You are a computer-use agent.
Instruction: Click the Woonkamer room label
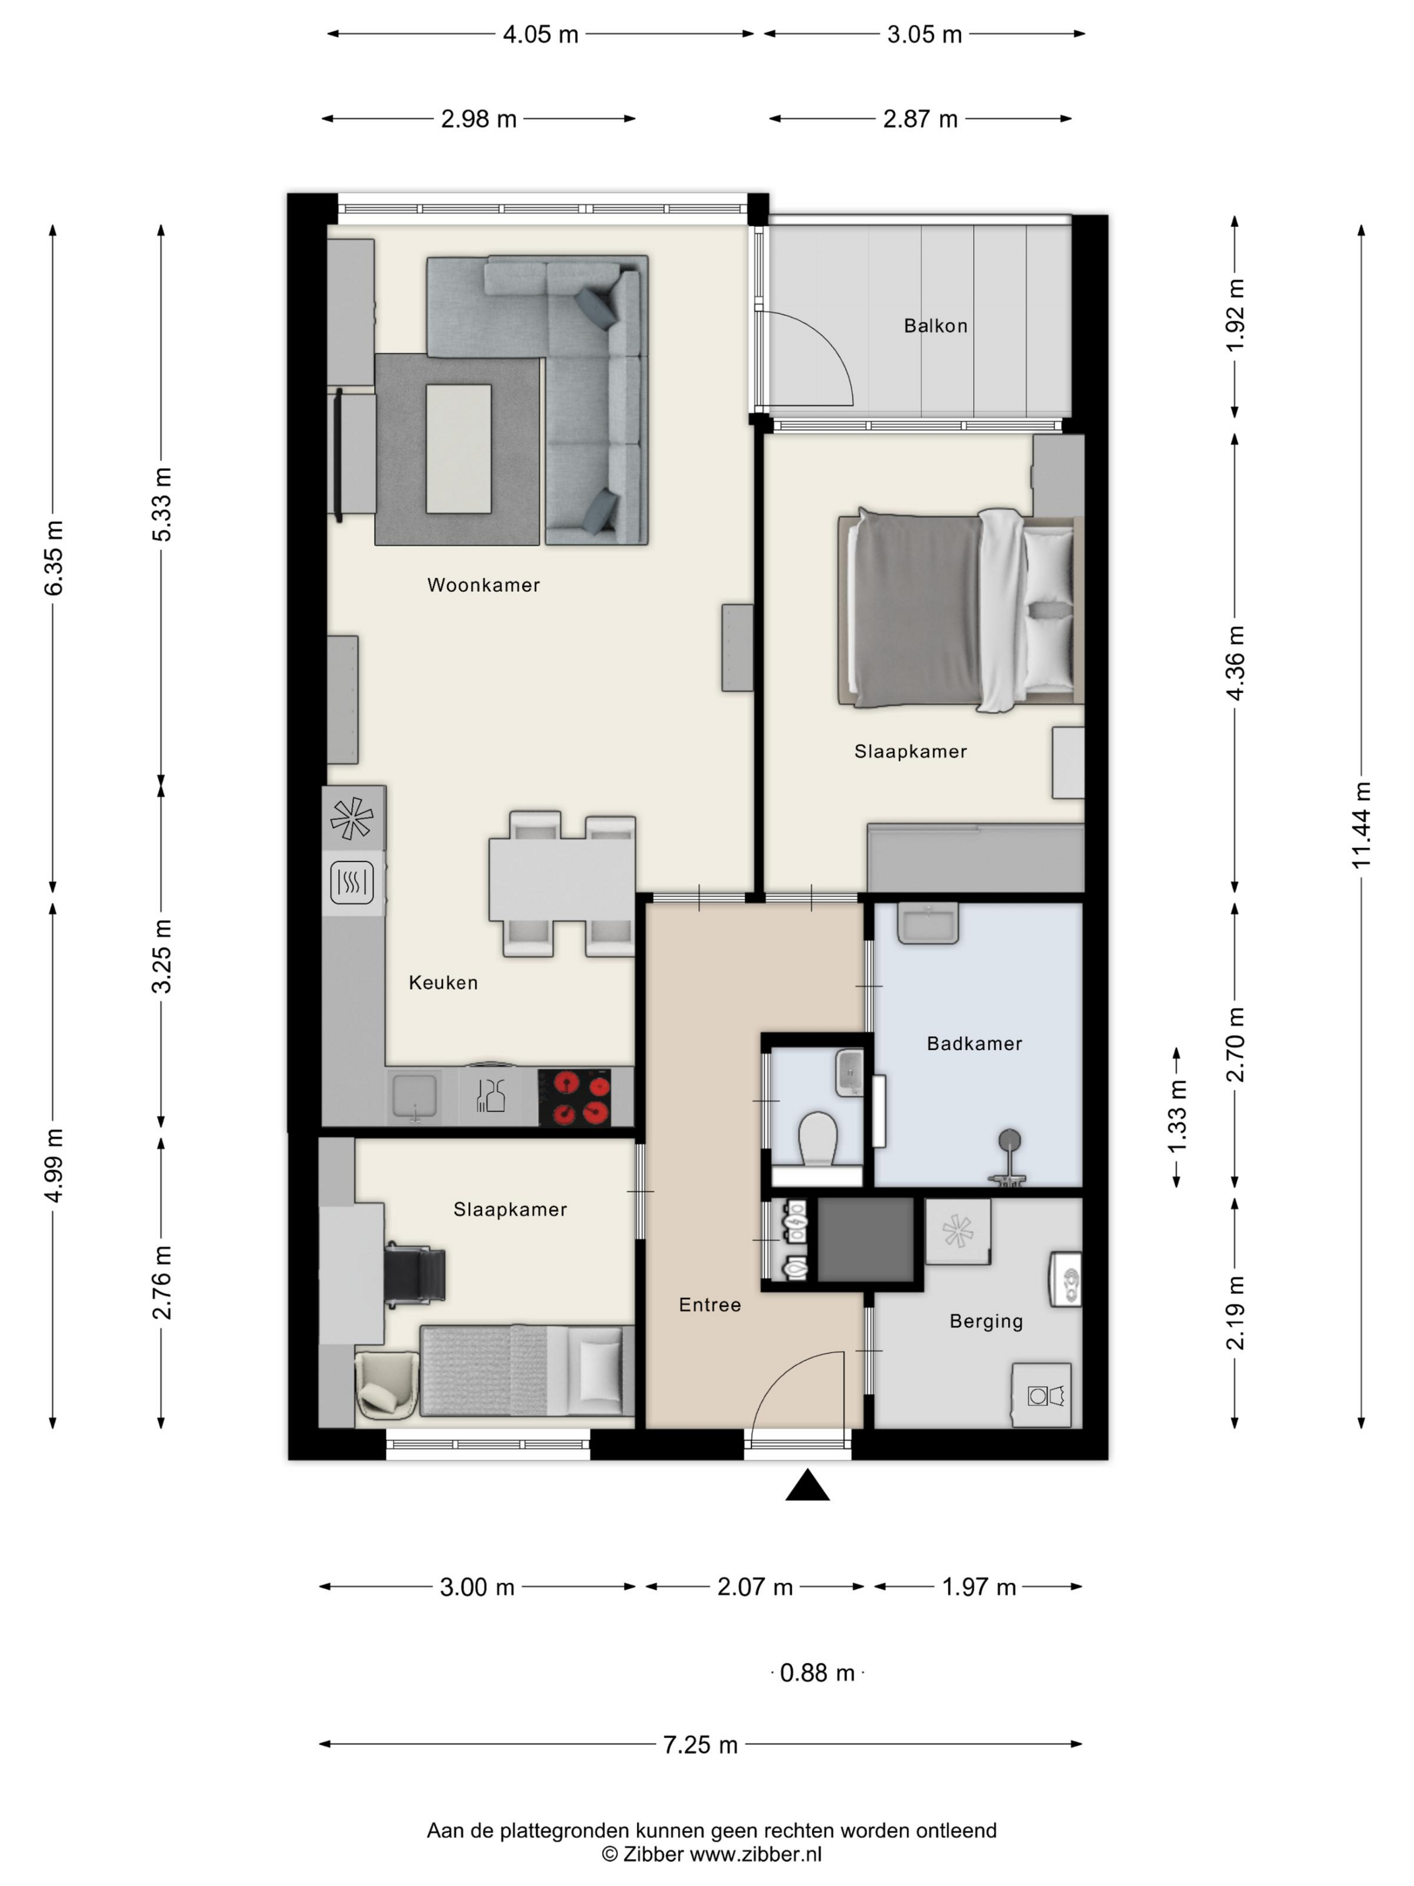(x=483, y=585)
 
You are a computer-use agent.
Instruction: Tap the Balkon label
(x=936, y=326)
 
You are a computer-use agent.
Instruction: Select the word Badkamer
(x=974, y=1043)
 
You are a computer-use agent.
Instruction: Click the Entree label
(x=710, y=1305)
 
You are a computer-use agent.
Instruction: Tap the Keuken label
(x=443, y=982)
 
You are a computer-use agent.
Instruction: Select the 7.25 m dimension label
(x=700, y=1745)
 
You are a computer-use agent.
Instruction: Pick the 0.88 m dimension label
(x=817, y=1673)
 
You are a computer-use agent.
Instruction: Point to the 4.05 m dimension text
(x=541, y=34)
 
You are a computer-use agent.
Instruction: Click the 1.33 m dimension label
(x=1176, y=1117)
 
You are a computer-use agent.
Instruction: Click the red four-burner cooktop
(x=574, y=1098)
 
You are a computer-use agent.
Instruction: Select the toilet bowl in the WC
(x=818, y=1138)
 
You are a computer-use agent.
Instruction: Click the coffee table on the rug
(x=459, y=449)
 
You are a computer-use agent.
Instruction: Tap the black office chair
(x=415, y=1274)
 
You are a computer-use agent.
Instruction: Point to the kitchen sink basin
(x=414, y=1097)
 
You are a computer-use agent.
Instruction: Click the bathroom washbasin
(x=928, y=923)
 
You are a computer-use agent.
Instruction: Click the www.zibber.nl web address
(x=755, y=1854)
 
